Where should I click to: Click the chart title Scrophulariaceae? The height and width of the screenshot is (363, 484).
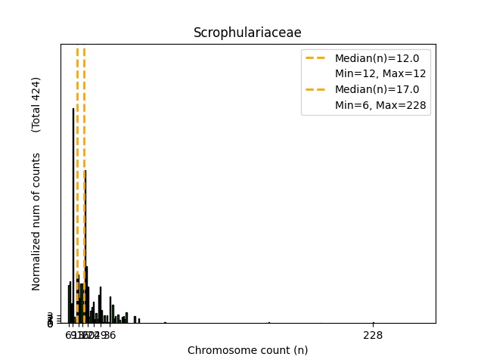click(x=247, y=33)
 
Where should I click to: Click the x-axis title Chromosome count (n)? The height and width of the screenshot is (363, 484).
click(x=247, y=350)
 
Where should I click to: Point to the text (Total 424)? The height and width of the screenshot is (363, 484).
click(x=36, y=104)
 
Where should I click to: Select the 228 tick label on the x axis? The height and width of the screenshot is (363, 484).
click(x=373, y=335)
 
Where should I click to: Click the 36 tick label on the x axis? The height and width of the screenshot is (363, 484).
click(x=110, y=335)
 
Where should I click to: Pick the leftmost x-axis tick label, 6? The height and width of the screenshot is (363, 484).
click(x=68, y=335)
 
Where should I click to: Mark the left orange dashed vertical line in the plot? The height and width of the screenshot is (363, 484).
click(x=77, y=151)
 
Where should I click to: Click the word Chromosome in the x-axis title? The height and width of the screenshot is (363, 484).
click(x=219, y=350)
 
